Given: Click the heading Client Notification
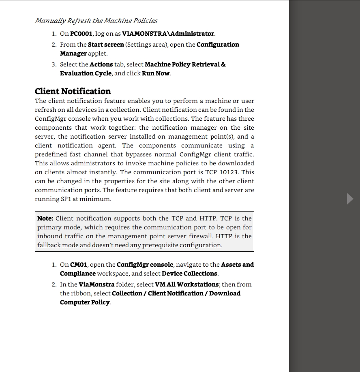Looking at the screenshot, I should coord(73,91).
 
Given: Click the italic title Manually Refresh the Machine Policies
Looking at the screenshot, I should coord(96,21).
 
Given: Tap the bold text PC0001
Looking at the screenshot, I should coord(81,34).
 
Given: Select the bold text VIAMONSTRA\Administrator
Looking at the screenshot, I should coord(168,34).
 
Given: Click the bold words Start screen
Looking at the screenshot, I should coord(106,45).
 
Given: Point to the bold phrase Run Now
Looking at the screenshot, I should coord(156,73).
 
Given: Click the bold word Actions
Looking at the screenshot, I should coord(101,64).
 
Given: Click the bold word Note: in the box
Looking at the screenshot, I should coord(45,218).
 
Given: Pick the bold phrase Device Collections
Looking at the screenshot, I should coord(189,274).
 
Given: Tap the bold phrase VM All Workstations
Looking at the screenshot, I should coord(187,284).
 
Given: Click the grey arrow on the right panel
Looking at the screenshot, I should coord(350,199).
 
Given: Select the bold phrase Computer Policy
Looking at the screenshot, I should coord(85,302).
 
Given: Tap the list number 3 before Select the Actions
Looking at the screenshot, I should coord(54,64).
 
